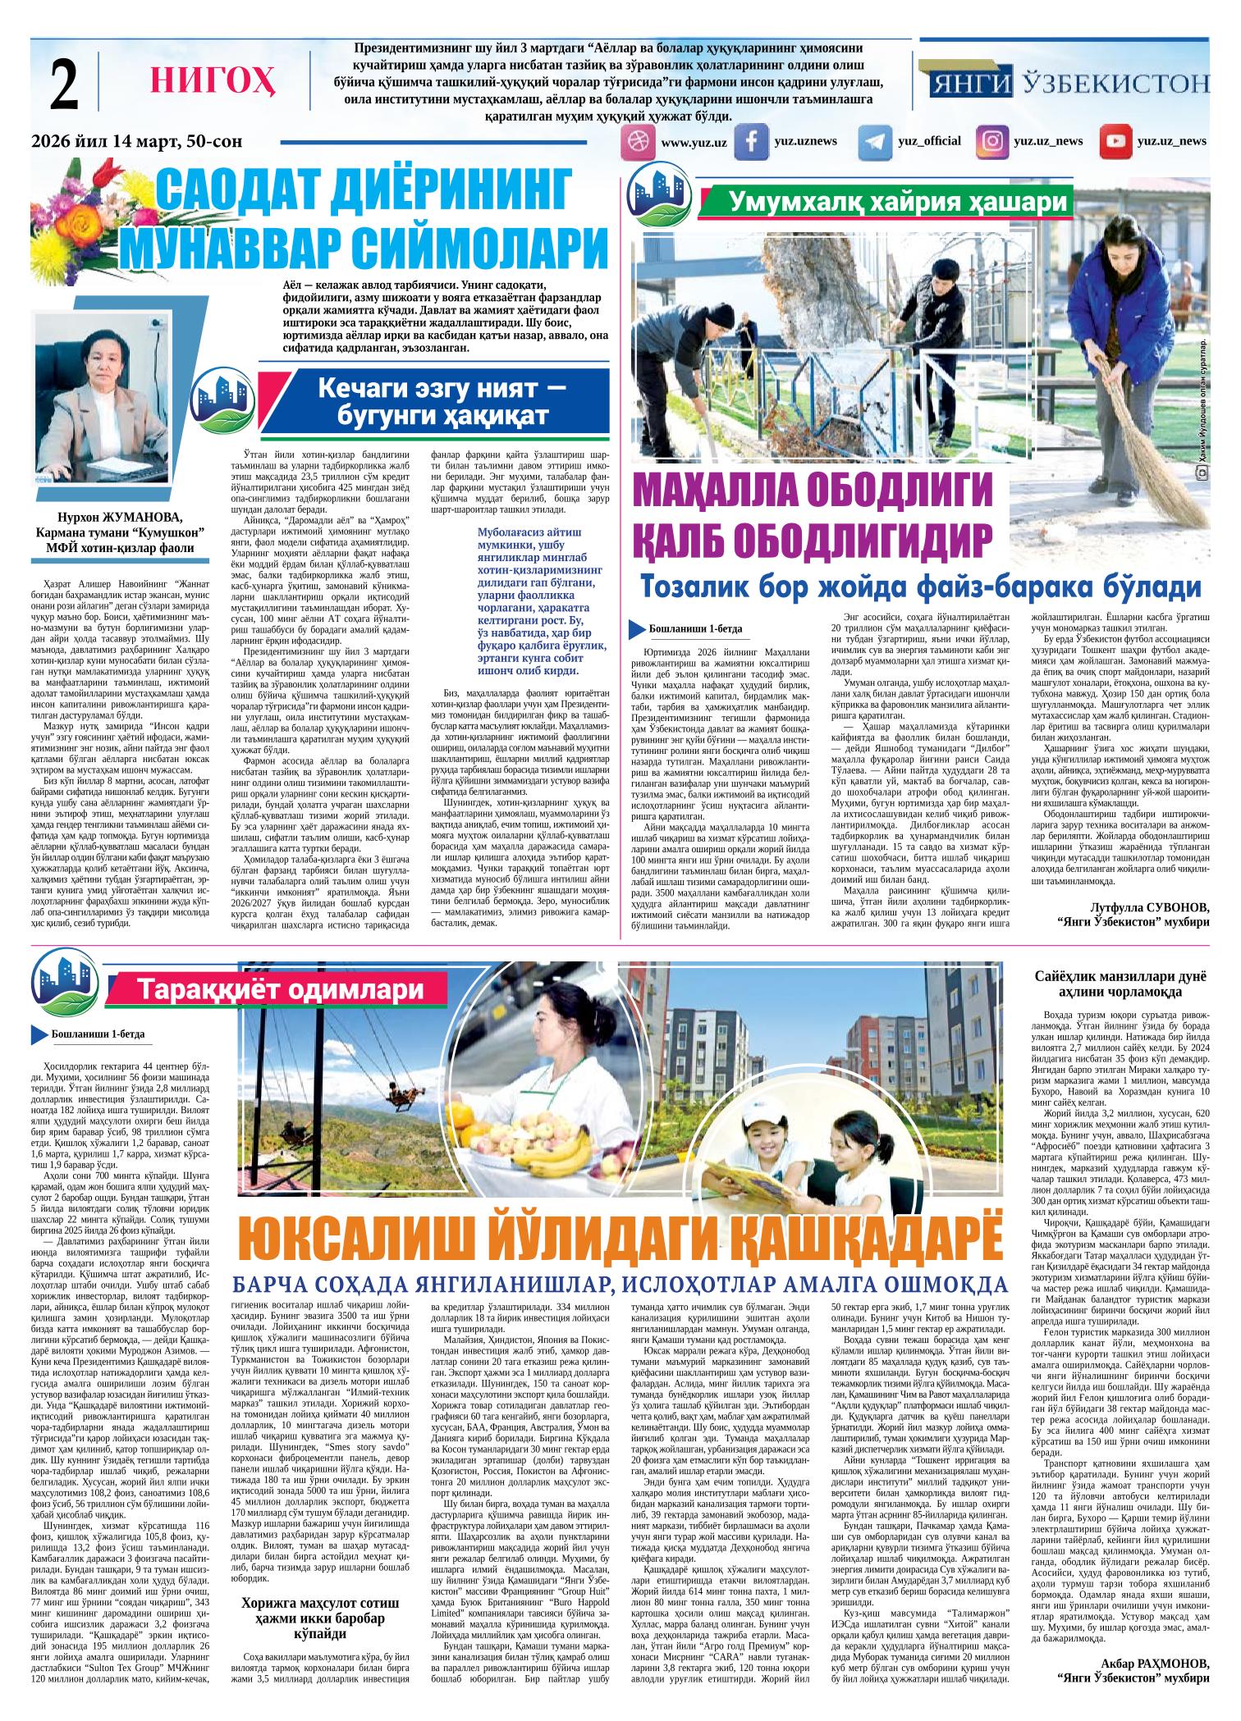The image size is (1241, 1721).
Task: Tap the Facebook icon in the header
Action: pos(750,142)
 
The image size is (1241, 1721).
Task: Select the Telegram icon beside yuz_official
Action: pos(874,142)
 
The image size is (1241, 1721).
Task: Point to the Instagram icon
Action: pos(992,141)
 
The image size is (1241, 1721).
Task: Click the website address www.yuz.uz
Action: pos(694,143)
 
